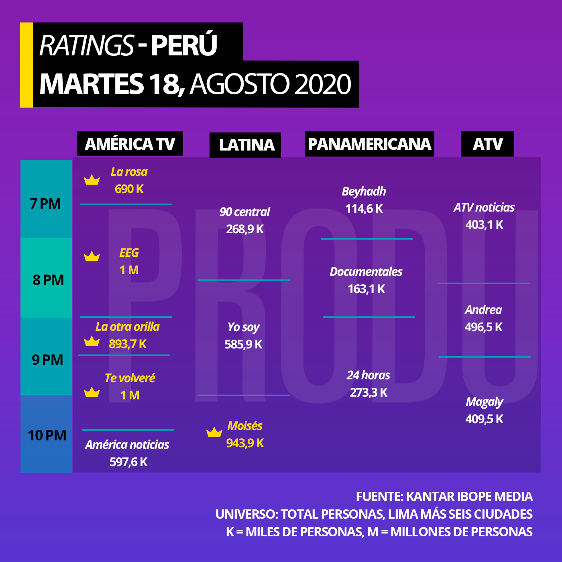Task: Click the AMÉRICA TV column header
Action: click(x=130, y=143)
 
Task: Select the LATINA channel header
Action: click(x=245, y=145)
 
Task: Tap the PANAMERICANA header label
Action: click(x=369, y=144)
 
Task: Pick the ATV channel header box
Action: click(x=487, y=144)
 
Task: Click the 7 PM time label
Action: click(x=45, y=204)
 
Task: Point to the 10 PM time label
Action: click(x=47, y=435)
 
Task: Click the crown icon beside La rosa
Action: click(x=92, y=180)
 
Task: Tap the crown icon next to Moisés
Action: click(x=214, y=432)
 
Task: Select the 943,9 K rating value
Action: click(x=245, y=443)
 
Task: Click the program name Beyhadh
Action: click(x=364, y=191)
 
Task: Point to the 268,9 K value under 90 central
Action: click(x=245, y=229)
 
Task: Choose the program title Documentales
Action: click(x=366, y=271)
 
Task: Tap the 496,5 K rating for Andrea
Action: click(x=484, y=327)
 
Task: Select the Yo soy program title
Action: click(x=244, y=327)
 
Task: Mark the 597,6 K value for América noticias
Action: click(x=128, y=462)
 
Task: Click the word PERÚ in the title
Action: click(x=184, y=45)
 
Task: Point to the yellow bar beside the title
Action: click(x=26, y=65)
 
